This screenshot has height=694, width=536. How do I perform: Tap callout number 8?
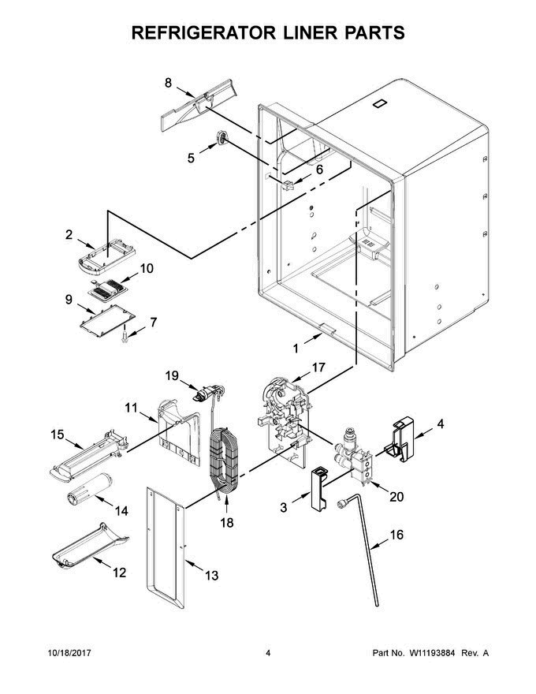[169, 83]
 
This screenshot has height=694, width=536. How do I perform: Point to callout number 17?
[318, 368]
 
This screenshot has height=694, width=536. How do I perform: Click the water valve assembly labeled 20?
[354, 456]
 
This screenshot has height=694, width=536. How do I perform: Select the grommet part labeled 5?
[221, 139]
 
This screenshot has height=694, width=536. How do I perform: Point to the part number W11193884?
[432, 653]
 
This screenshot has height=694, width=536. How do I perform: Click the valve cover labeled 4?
[400, 438]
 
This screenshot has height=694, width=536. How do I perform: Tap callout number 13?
[212, 576]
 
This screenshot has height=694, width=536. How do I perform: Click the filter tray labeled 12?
[90, 546]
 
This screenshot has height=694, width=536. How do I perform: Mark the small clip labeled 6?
[288, 185]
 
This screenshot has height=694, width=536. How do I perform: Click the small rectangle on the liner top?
[379, 104]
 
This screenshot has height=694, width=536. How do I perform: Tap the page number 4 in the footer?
[268, 653]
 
